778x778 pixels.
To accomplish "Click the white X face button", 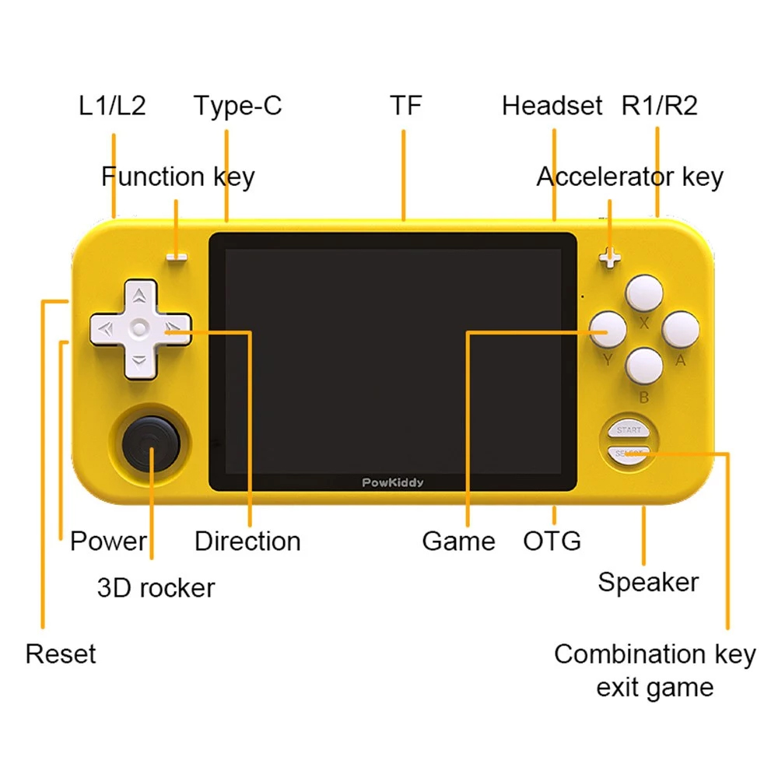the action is point(644,293).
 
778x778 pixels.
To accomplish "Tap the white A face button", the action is point(681,329).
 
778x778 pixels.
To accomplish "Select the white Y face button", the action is point(608,329).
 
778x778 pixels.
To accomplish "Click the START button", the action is point(629,430).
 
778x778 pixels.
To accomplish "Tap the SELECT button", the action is point(629,454).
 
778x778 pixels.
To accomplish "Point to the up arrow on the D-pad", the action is point(139,296).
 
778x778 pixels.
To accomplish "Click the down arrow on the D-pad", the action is point(139,361).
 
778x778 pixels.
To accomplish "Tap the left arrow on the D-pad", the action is point(106,328).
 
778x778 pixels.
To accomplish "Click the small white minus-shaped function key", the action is point(177,257).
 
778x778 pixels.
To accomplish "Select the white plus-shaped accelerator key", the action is point(610,258).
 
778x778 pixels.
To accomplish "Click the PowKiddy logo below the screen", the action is point(392,483).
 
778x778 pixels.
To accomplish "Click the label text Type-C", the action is point(237,106).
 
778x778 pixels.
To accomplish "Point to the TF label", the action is point(406,105).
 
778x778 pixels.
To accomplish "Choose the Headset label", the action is point(552,105).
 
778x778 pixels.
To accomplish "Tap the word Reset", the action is point(61,654).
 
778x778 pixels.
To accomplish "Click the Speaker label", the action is point(648,583).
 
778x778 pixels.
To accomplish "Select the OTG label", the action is point(552,541).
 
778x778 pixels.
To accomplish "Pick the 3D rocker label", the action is point(156,588).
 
